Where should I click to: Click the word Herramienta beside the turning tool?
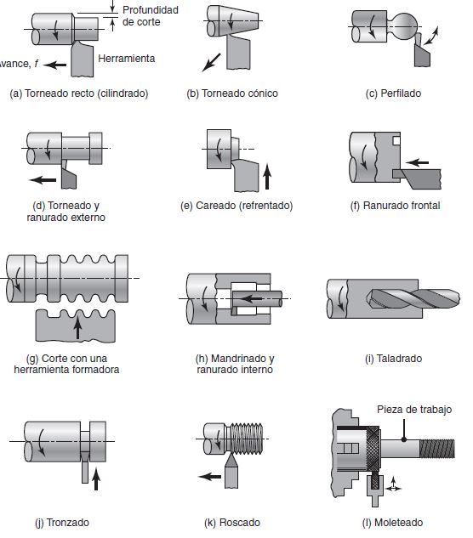[127, 59]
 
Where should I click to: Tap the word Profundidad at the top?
[151, 10]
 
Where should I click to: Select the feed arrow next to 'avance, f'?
[55, 65]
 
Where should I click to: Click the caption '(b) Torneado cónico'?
[232, 93]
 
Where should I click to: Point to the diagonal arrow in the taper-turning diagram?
[211, 62]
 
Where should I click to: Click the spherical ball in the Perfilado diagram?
[405, 26]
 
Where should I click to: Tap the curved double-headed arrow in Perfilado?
[430, 36]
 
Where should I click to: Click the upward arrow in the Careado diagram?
[267, 177]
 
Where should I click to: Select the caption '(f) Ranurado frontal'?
[395, 206]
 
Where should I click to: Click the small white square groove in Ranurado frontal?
[396, 140]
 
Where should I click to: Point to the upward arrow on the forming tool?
[78, 327]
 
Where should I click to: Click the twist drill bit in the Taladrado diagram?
[413, 298]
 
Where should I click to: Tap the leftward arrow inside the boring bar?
[252, 298]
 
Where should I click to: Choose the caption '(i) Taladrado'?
[393, 359]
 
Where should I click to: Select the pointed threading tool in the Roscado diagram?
[231, 470]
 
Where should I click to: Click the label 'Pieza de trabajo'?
[414, 410]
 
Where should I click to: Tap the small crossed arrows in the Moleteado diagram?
[394, 485]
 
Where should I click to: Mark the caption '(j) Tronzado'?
[62, 523]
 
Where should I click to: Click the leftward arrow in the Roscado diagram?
[210, 477]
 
